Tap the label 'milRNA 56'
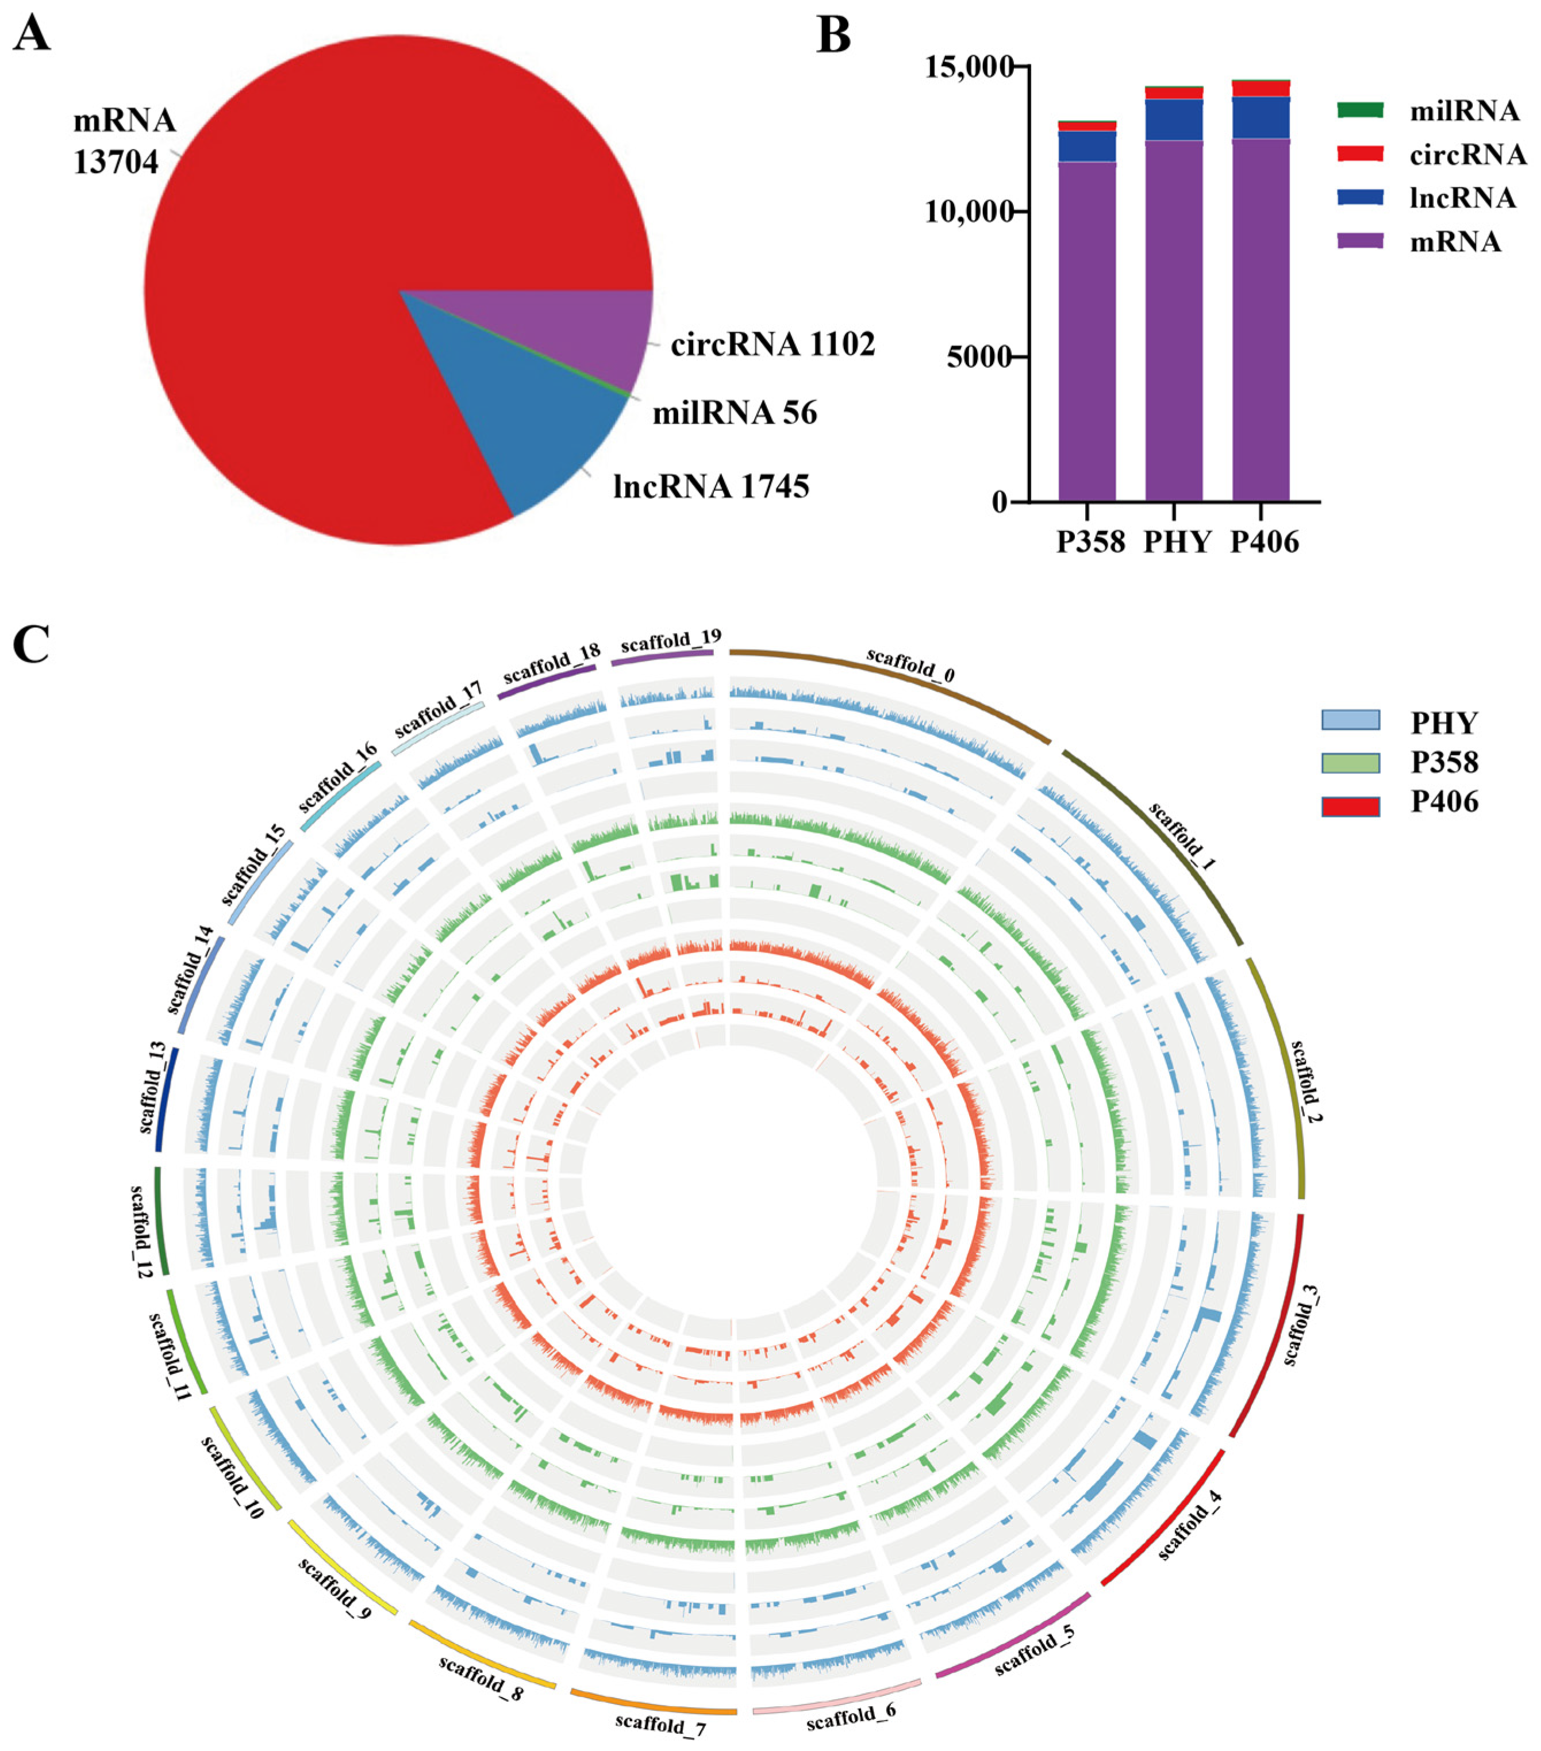[x=734, y=414]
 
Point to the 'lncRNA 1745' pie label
[x=711, y=486]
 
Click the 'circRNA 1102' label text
[x=773, y=344]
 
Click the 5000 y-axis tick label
[x=977, y=356]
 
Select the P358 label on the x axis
[x=1090, y=542]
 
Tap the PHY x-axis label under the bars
[x=1177, y=542]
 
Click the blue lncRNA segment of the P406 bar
[x=1261, y=118]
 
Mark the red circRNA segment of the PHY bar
[x=1174, y=93]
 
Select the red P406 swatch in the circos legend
[x=1350, y=806]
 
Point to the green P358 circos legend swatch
[x=1350, y=762]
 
